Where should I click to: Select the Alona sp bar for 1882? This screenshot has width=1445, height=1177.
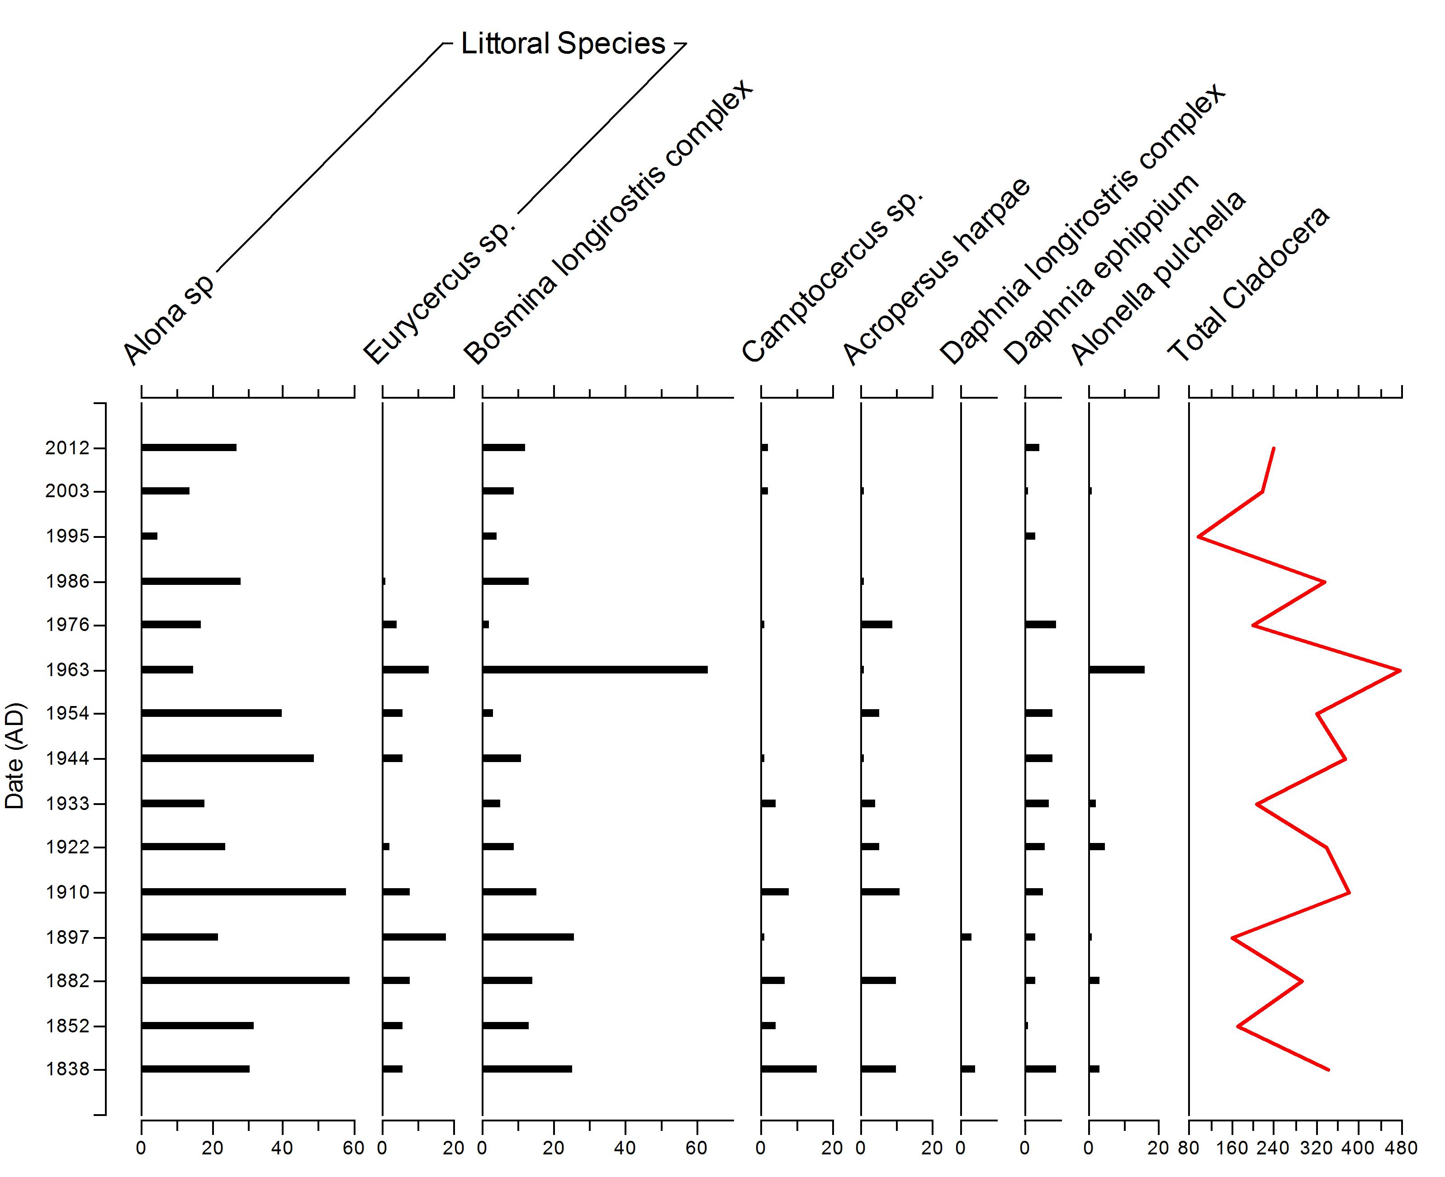245,980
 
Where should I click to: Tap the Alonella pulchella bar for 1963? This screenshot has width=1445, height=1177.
1116,670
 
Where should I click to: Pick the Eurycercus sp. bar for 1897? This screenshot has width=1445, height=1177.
414,937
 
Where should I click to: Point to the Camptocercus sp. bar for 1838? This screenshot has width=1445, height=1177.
788,1069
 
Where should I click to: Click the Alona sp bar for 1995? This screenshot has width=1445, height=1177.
149,536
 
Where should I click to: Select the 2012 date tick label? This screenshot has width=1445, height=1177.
67,448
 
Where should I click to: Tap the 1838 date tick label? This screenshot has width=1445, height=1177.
67,1070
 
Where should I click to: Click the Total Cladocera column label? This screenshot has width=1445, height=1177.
1248,285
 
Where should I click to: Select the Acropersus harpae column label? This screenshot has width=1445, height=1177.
936,271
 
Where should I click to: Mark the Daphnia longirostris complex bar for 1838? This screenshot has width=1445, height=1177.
968,1069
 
